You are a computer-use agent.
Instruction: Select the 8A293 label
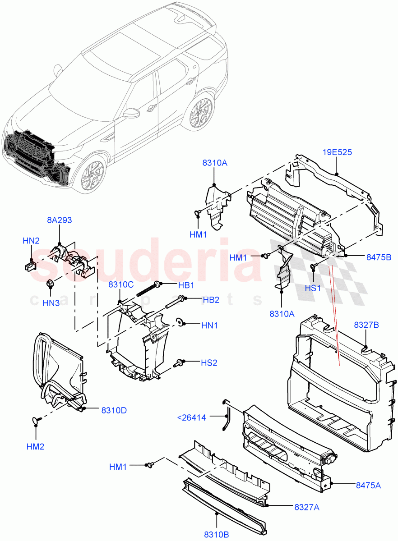[60, 220]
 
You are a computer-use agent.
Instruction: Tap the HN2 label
[31, 241]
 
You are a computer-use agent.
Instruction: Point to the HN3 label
[51, 303]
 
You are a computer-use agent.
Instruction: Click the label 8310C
[120, 284]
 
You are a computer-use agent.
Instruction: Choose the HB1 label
[185, 285]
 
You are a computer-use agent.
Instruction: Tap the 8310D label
[114, 410]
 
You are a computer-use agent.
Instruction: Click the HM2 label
[35, 446]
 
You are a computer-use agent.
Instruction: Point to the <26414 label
[191, 418]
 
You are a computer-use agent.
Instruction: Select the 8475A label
[368, 485]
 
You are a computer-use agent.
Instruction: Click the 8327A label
[307, 508]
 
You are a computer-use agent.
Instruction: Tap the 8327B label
[366, 325]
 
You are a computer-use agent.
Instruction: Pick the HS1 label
[313, 288]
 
